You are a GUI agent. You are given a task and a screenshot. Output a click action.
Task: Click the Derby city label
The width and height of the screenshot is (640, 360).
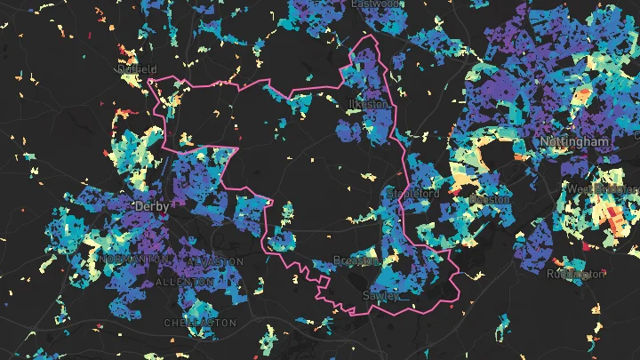coord(151,205)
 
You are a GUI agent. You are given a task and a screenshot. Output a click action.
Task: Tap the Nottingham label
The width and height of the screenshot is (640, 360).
coord(573,141)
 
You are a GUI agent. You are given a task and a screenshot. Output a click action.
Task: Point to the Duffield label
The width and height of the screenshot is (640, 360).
coord(137,68)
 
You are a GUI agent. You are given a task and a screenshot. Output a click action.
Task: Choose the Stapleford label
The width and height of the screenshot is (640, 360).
coord(413,192)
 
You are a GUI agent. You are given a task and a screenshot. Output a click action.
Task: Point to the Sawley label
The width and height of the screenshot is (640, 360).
coord(381,294)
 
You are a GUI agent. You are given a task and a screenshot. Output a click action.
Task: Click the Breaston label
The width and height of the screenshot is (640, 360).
coord(356,260)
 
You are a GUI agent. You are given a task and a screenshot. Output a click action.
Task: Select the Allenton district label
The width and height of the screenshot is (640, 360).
coord(184,282)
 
